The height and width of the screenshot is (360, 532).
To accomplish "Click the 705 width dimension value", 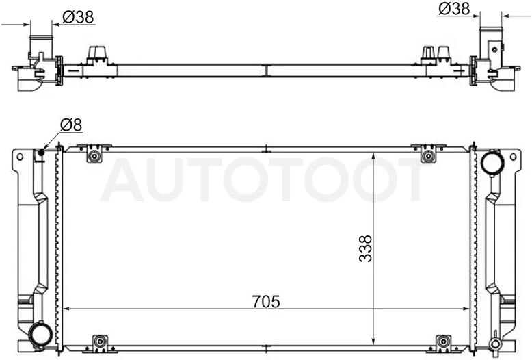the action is (266, 301).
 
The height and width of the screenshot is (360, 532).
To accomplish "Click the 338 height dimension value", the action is (365, 248).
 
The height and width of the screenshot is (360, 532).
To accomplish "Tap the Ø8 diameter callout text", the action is (71, 125).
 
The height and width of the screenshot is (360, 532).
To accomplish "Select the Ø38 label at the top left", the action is (79, 17).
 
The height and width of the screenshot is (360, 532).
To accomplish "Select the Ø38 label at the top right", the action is (454, 9).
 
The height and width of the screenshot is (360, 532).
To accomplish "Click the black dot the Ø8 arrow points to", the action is (42, 153).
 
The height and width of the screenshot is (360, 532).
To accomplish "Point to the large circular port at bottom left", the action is (40, 335).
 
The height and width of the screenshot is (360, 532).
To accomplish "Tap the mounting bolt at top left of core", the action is (94, 156).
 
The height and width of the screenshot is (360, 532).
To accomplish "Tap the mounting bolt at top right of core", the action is (429, 156).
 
